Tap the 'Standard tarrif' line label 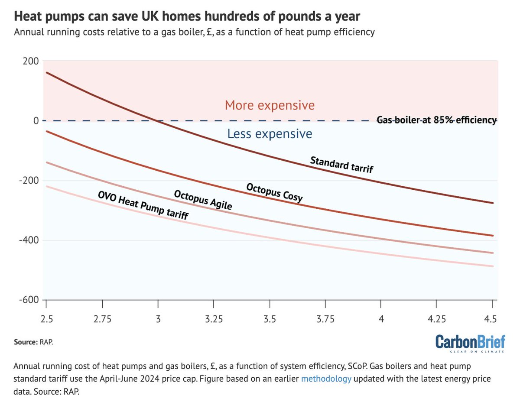click(341, 165)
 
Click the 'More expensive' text click(270, 105)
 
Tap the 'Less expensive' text click(270, 134)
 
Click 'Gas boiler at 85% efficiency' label click(436, 120)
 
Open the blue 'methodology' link click(326, 379)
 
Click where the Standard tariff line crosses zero click(157, 120)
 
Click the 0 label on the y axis click(37, 120)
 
